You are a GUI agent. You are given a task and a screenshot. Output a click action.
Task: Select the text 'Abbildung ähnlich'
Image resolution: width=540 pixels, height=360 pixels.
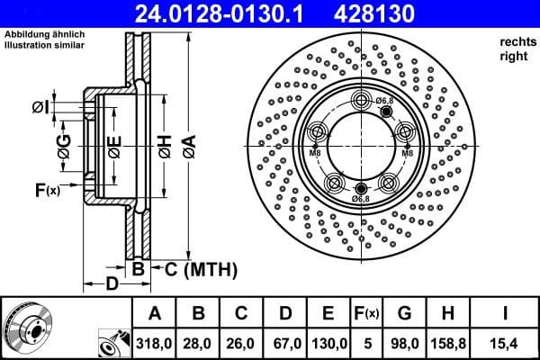[44, 35]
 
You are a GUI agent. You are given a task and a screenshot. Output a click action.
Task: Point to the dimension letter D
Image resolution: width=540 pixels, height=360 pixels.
[111, 285]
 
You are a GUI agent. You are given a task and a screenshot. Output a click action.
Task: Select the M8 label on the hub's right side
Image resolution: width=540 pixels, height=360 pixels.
[406, 154]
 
